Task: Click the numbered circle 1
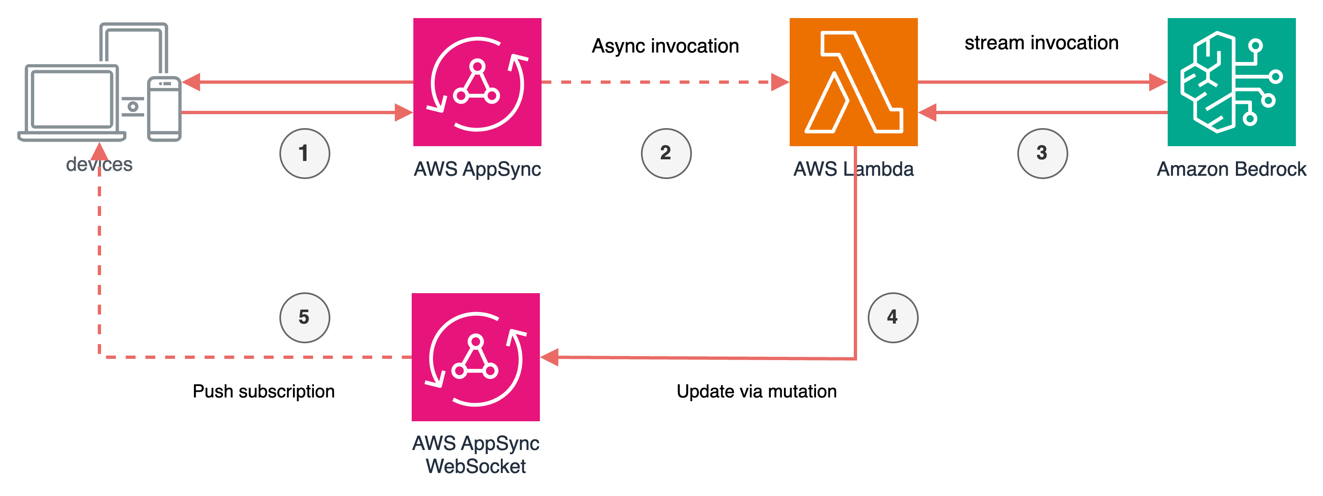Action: pos(304,153)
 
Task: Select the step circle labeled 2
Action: pos(666,153)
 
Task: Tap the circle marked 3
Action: pos(1042,153)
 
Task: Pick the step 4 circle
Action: pos(892,317)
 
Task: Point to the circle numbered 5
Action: pos(304,317)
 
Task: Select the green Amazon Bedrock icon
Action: pos(1231,82)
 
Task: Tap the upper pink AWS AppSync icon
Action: pos(477,82)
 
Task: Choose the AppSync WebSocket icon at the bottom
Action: pos(476,357)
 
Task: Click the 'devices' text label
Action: pos(99,164)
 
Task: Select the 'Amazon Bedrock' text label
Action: pos(1231,169)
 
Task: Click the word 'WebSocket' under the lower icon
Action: pos(476,466)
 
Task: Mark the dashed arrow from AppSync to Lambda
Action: pos(657,82)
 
